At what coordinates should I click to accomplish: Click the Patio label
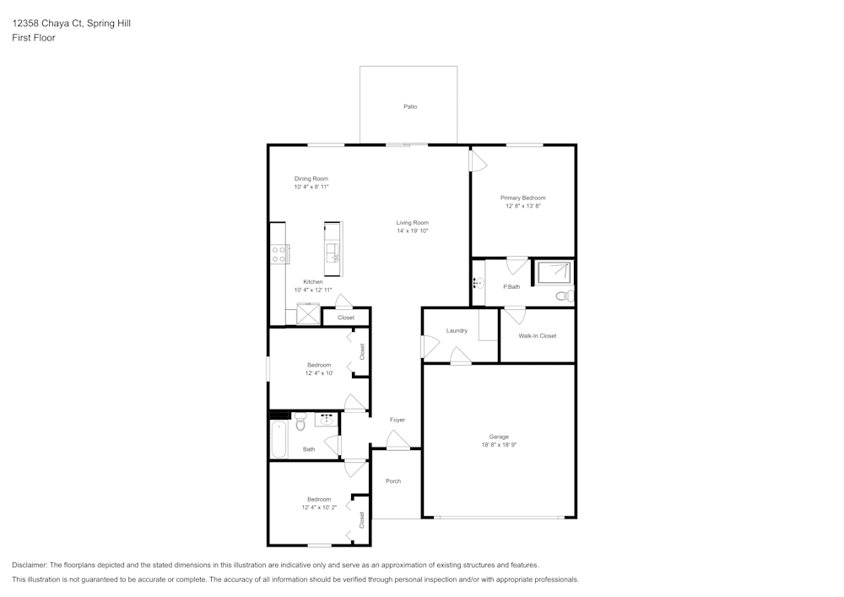tap(410, 106)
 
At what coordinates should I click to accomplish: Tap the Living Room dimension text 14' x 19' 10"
tap(413, 231)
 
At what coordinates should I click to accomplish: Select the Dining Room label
tap(311, 179)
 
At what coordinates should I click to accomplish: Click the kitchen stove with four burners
tap(279, 255)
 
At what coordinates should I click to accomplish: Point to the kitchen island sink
tap(333, 252)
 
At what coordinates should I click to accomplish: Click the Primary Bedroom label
tap(522, 198)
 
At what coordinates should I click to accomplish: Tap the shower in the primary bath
tap(554, 272)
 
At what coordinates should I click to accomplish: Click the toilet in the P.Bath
tap(565, 296)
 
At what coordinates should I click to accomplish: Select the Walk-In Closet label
tap(537, 336)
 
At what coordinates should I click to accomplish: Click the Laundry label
tap(457, 330)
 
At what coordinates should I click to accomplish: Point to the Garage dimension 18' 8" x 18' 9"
tap(499, 445)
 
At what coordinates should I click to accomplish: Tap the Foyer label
tap(398, 420)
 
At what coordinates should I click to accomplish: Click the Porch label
tap(393, 481)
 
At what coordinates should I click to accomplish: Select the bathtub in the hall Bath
tap(279, 439)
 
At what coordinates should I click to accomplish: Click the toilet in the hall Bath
tap(300, 421)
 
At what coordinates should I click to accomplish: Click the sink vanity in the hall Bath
tap(326, 420)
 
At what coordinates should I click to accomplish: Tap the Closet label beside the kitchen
tap(346, 317)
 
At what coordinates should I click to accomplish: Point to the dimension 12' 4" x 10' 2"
tap(319, 507)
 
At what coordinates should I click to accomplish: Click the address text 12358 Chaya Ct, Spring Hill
tap(71, 23)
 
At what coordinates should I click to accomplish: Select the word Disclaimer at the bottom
tap(29, 565)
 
